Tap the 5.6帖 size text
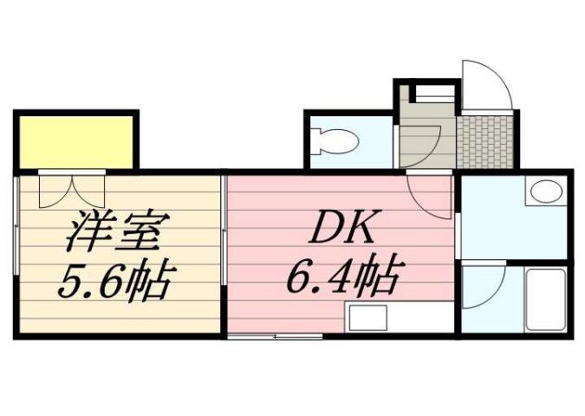116,280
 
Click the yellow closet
75,141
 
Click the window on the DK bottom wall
275,335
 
